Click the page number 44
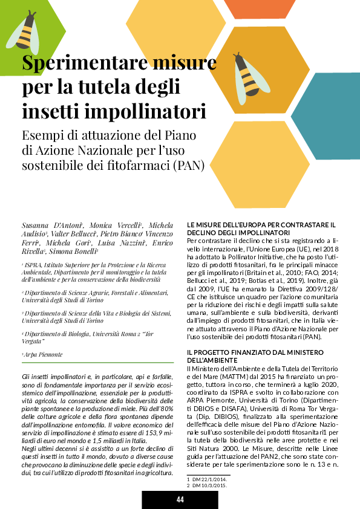180,499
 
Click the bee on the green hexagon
25,32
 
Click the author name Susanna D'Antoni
47,225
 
